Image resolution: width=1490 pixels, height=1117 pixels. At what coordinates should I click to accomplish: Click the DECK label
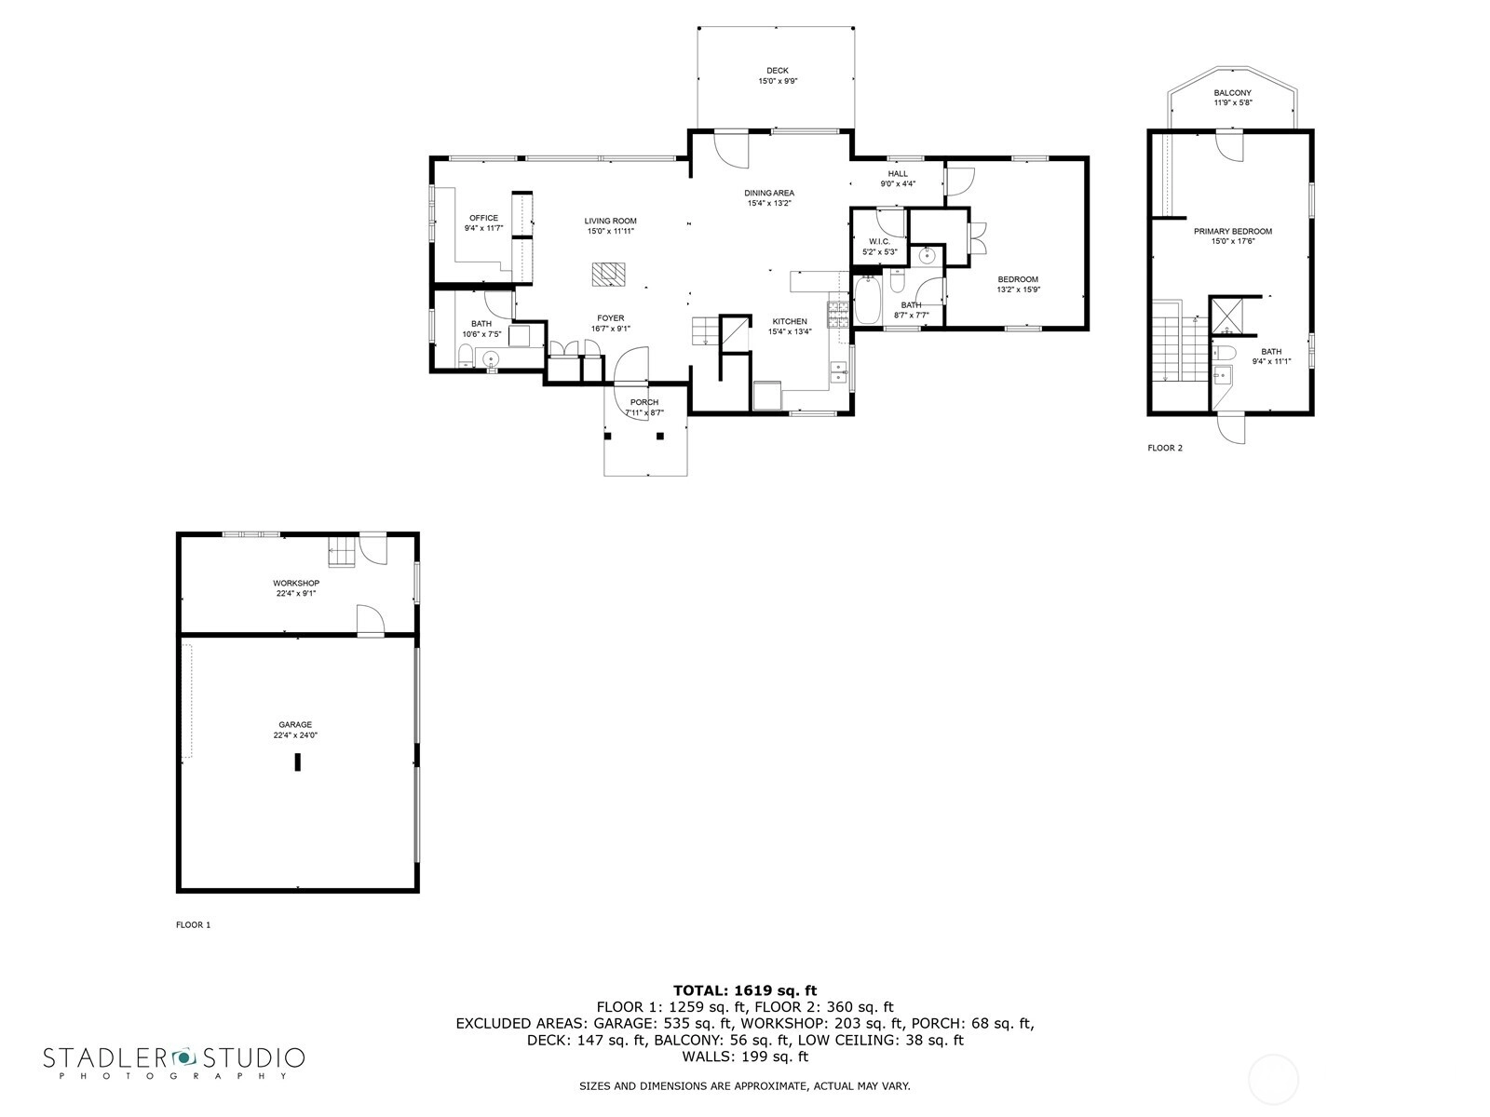click(x=778, y=71)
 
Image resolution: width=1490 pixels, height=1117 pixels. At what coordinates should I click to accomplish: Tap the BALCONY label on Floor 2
click(x=1233, y=93)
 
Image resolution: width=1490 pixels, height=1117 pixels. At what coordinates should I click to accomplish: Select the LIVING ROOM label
click(x=610, y=222)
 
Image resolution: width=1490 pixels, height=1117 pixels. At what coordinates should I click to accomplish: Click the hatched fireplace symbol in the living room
click(x=609, y=275)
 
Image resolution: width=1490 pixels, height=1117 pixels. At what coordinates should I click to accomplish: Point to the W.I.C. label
click(x=879, y=242)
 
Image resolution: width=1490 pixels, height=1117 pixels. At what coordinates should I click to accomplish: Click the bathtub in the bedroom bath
click(x=867, y=300)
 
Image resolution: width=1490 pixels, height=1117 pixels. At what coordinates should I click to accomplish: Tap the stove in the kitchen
click(x=837, y=314)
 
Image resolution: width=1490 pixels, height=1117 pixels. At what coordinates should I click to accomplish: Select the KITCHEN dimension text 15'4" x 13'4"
click(x=790, y=331)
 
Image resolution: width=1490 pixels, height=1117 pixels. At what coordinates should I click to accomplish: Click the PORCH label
click(x=644, y=402)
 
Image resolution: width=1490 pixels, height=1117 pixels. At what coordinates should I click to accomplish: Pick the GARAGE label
click(x=295, y=724)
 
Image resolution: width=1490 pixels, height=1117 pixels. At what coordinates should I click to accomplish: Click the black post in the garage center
click(x=297, y=761)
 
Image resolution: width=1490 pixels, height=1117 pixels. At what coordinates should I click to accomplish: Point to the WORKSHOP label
click(x=296, y=584)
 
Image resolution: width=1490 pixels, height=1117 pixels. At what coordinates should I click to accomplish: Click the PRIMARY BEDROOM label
click(x=1233, y=231)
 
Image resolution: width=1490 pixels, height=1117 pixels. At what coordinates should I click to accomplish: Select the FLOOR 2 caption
click(x=1165, y=448)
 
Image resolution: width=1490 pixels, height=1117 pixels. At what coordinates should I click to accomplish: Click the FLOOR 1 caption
click(x=194, y=924)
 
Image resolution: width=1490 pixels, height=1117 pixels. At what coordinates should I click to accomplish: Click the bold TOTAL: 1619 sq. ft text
click(x=745, y=990)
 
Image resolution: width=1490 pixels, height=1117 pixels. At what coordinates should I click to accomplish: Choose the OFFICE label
click(x=483, y=219)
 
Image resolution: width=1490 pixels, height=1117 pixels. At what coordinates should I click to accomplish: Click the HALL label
click(x=898, y=174)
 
